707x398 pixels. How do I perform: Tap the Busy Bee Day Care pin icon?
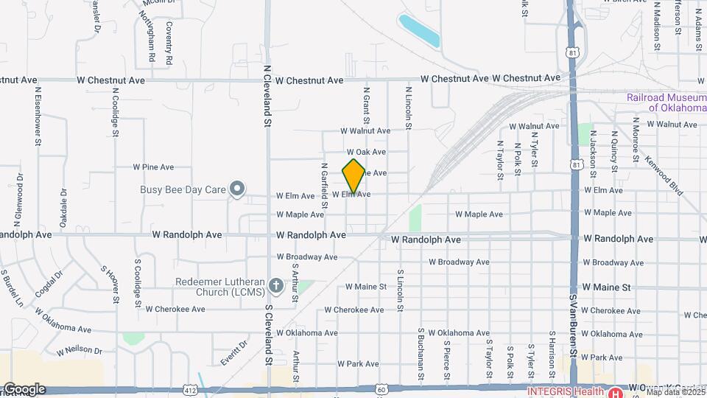point(236,189)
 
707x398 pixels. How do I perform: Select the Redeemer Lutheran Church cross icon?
point(276,285)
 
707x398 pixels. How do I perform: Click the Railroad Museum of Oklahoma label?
point(666,102)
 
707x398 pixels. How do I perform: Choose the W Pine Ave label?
point(153,167)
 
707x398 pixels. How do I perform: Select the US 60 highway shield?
point(380,389)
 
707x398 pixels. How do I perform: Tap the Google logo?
point(24,389)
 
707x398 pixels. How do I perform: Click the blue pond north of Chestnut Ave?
point(418,30)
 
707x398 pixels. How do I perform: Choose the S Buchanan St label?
point(421,355)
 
